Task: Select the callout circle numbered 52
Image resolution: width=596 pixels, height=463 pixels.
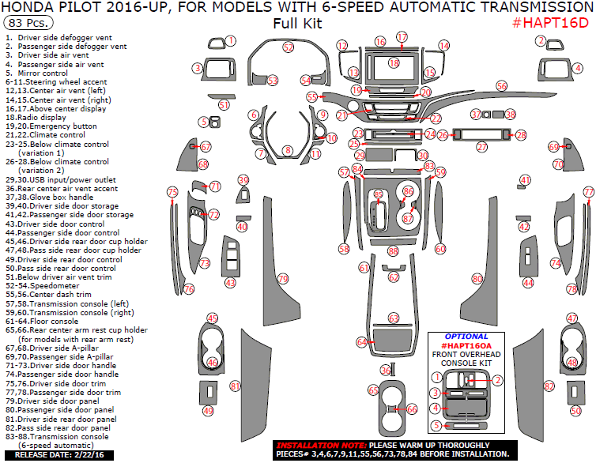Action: (x=288, y=47)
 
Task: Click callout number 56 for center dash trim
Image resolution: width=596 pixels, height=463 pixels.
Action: (x=501, y=85)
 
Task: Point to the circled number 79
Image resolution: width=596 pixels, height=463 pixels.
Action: (x=283, y=279)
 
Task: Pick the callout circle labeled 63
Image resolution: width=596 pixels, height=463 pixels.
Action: (x=393, y=318)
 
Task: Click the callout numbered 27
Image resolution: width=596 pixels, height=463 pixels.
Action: (x=481, y=147)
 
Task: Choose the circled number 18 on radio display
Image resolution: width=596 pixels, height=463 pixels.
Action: (x=394, y=62)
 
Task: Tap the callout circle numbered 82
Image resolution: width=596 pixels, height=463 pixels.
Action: (x=549, y=386)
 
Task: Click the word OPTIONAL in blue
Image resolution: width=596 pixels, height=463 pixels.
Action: (x=466, y=337)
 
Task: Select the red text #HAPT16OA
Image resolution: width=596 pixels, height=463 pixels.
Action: (x=466, y=346)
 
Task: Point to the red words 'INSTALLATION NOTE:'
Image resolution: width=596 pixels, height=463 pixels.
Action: (x=311, y=446)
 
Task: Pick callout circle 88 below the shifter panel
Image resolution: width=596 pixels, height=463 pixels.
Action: (x=393, y=250)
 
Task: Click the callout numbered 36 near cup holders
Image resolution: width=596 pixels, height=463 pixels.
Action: (x=385, y=370)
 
